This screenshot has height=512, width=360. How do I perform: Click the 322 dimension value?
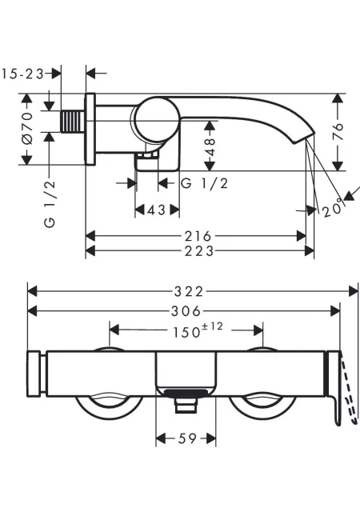189,291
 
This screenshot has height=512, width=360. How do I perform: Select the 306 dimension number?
186,311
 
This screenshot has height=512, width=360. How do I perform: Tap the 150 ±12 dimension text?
198,330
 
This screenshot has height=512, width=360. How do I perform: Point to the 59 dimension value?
187,438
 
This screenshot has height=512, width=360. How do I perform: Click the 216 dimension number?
198,236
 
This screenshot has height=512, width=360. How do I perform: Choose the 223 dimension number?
199,251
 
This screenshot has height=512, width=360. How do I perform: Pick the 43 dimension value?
157,210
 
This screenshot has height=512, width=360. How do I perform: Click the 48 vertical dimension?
210,147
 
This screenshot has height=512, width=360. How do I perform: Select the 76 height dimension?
338,131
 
